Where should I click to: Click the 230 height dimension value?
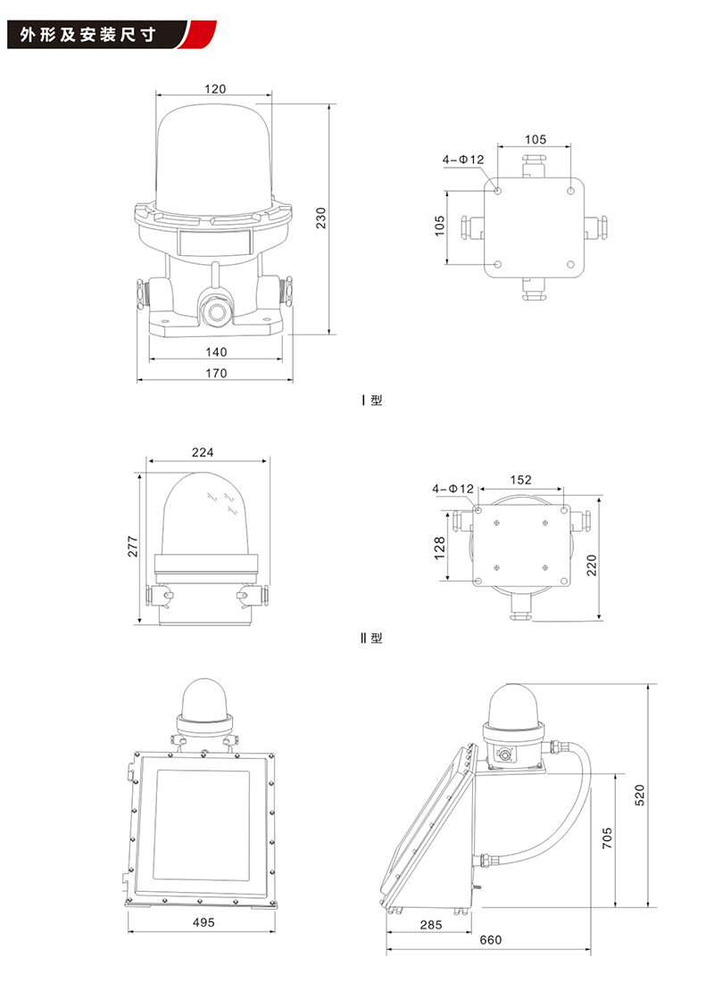click(x=321, y=218)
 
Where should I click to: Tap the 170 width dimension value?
click(x=216, y=373)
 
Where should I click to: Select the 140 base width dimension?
click(x=216, y=352)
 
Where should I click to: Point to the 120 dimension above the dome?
click(x=215, y=89)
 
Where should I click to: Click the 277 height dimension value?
click(x=132, y=547)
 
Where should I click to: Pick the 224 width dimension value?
click(x=203, y=452)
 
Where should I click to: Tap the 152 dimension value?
click(x=520, y=480)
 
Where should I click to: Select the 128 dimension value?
click(x=439, y=548)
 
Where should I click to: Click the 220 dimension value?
click(x=592, y=565)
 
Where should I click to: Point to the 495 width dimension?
click(x=203, y=922)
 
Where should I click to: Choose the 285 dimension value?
click(x=431, y=924)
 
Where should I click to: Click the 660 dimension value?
click(x=490, y=939)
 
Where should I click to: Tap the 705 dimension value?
click(x=607, y=838)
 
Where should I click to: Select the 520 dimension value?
click(x=639, y=796)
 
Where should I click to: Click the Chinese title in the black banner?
click(x=87, y=35)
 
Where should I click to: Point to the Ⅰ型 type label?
click(x=372, y=400)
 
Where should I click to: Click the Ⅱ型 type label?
click(x=371, y=639)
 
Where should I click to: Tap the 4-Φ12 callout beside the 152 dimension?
click(x=452, y=489)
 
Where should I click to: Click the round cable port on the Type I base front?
click(x=214, y=311)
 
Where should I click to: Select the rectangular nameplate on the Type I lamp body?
click(x=214, y=242)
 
